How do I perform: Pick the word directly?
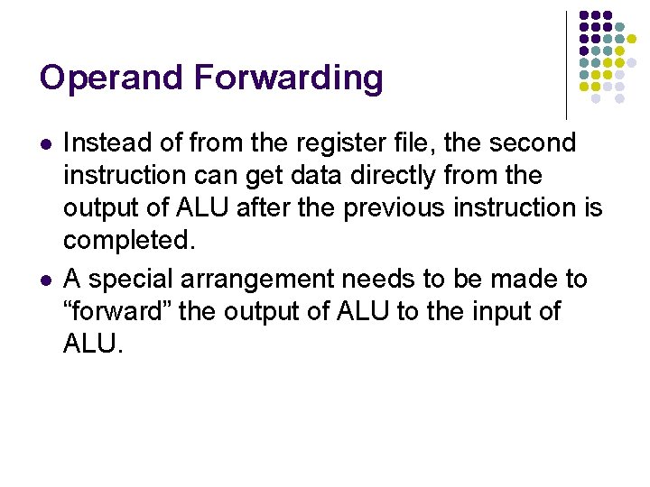(x=403, y=176)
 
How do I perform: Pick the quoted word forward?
(x=119, y=312)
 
